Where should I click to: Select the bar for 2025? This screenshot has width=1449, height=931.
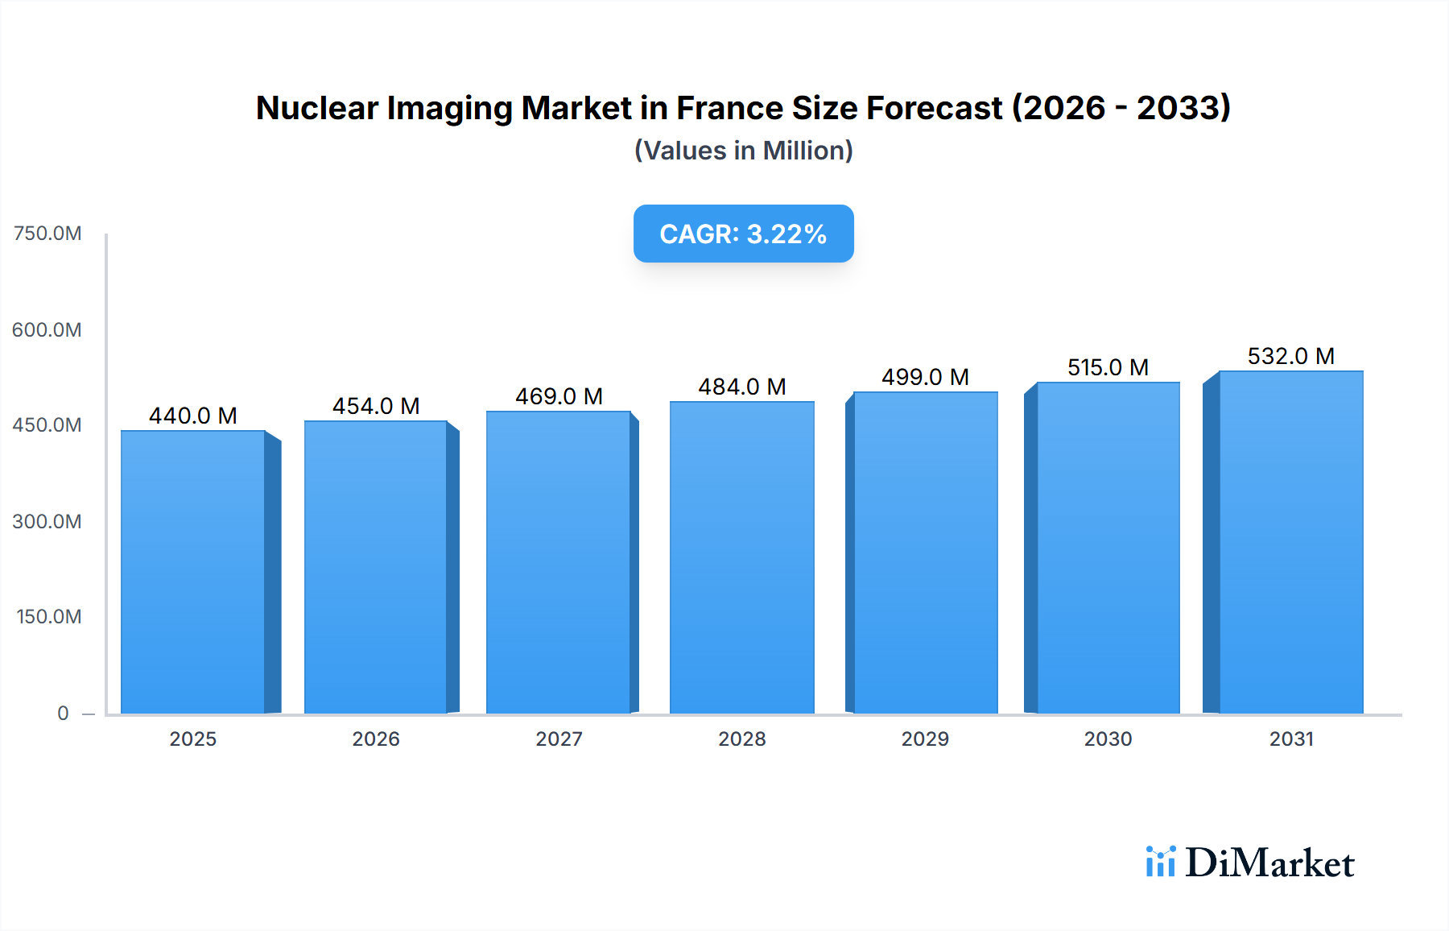(x=193, y=572)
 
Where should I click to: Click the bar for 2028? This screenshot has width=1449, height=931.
(x=741, y=557)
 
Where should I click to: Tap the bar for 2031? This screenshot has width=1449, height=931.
(x=1290, y=542)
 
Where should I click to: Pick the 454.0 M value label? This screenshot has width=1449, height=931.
(x=376, y=406)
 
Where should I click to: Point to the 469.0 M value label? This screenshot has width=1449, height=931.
(x=559, y=396)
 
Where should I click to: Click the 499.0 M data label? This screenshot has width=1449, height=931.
(x=925, y=377)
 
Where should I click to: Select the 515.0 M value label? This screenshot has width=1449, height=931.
(x=1108, y=367)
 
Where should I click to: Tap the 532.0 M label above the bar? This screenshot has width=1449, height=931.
(x=1290, y=356)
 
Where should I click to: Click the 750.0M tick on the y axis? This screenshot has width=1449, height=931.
(x=47, y=234)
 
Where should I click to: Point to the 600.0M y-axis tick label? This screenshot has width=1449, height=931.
(x=47, y=329)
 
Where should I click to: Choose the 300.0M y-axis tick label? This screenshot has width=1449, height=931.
(x=47, y=521)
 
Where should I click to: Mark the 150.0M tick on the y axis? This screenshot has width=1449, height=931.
(x=48, y=617)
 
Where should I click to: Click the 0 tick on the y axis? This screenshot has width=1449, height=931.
(x=63, y=713)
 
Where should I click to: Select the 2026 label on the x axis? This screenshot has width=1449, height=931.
(x=376, y=739)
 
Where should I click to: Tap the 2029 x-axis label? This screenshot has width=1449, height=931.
(x=925, y=739)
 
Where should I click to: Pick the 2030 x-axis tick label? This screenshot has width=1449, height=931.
(x=1108, y=739)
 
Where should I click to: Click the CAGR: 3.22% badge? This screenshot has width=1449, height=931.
(x=743, y=234)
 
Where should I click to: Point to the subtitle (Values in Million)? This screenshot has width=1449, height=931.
(x=743, y=151)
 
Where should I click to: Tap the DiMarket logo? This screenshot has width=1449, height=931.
(x=1249, y=863)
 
